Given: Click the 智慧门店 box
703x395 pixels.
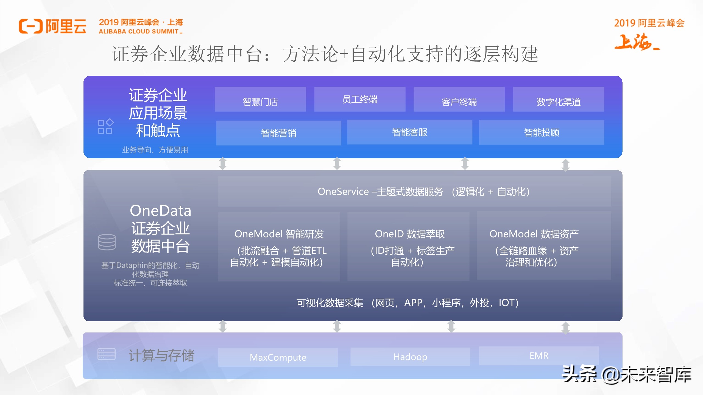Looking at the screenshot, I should tap(260, 99).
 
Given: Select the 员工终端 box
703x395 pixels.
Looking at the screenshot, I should tap(360, 99).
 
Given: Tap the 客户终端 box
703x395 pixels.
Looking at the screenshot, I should tap(459, 99).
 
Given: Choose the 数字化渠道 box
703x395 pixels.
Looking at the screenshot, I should tap(558, 99).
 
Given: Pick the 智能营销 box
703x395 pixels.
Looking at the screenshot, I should tap(278, 133).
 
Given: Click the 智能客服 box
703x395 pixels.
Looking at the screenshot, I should tap(410, 132).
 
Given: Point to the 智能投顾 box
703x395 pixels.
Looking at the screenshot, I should tap(542, 132).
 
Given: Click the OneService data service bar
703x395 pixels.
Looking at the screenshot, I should tap(415, 191).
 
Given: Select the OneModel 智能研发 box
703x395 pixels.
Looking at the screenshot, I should tap(279, 247).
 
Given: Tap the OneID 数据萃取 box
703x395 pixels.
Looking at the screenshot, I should tap(408, 247).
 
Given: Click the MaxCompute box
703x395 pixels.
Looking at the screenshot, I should tap(278, 357).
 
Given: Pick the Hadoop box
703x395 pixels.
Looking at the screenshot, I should tap(410, 357).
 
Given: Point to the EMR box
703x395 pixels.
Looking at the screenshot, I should tap(539, 356).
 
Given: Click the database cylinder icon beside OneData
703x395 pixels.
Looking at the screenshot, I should tap(107, 242).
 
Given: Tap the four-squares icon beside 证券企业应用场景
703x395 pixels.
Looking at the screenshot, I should tap(105, 126).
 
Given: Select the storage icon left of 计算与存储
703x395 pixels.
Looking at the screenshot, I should tap(107, 354).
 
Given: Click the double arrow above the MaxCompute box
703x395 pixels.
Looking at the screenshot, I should tap(223, 326).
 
